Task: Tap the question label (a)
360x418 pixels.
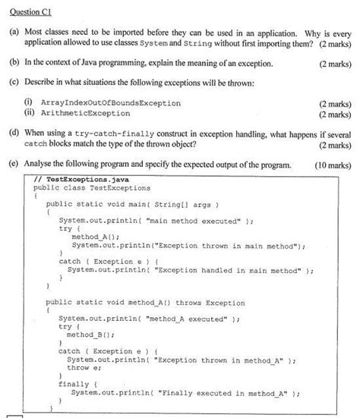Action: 13,35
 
